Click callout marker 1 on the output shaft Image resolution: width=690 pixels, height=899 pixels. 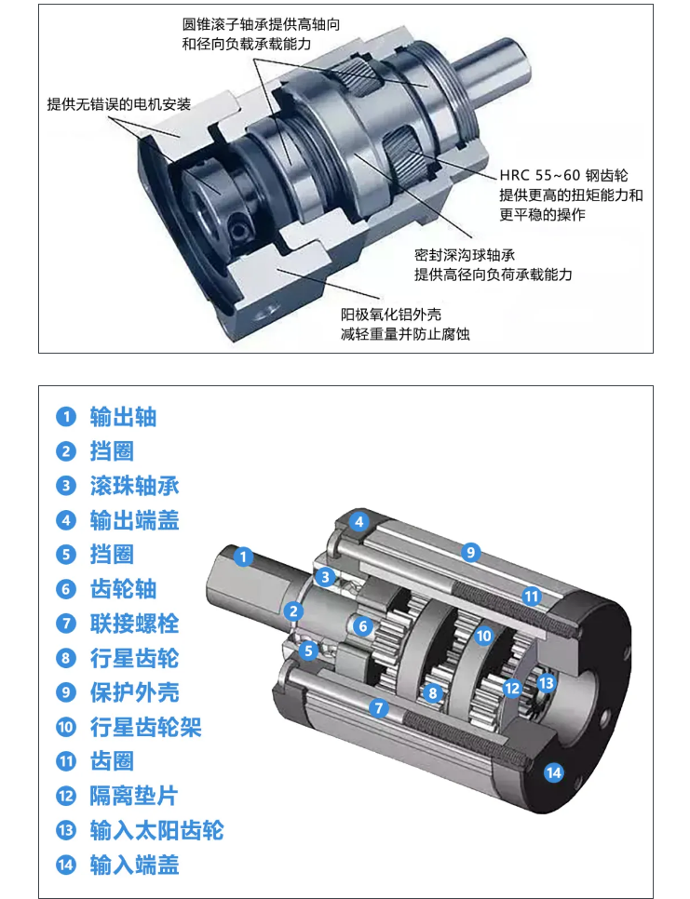[243, 557]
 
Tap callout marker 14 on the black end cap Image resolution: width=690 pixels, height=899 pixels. [553, 772]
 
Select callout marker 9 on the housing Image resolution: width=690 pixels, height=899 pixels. [470, 552]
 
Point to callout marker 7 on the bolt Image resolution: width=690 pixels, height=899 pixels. [379, 707]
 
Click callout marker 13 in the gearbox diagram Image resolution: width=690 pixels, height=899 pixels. [546, 683]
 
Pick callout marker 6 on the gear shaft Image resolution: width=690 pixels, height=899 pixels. [362, 626]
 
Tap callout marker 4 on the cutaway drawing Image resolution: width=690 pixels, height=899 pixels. [359, 522]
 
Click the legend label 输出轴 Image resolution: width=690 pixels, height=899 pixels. [123, 417]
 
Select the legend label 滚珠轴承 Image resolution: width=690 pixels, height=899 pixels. [135, 486]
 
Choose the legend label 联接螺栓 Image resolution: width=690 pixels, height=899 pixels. [135, 624]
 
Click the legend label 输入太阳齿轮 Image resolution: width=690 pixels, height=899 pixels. [156, 830]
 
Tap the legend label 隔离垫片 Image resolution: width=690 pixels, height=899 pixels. [134, 796]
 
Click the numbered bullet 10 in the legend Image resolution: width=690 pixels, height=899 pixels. [66, 727]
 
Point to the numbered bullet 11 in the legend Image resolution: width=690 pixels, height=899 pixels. [66, 761]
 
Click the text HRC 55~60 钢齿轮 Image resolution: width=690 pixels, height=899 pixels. [563, 175]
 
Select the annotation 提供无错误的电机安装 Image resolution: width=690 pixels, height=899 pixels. [119, 104]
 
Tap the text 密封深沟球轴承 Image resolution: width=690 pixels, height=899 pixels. [465, 255]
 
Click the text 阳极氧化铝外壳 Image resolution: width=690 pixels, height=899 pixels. [391, 315]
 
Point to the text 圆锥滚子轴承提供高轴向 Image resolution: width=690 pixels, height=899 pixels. [261, 24]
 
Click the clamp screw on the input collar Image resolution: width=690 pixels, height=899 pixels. [238, 228]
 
